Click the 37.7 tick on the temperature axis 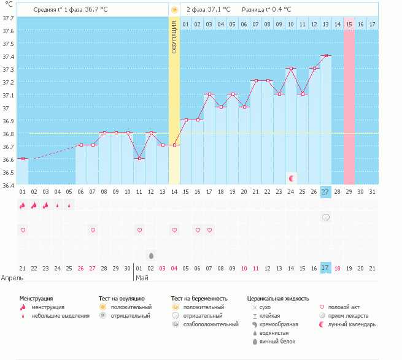click(x=9, y=18)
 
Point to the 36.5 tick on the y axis click(x=9, y=172)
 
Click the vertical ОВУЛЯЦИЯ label click(x=174, y=37)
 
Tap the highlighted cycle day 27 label click(x=326, y=192)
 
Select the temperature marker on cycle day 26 click(x=314, y=69)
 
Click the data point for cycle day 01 click(x=23, y=159)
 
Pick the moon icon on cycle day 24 click(x=291, y=178)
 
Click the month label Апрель click(x=12, y=277)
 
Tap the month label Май click(x=142, y=277)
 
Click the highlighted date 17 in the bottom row click(x=326, y=267)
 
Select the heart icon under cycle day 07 click(x=93, y=230)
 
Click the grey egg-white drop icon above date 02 click(x=151, y=255)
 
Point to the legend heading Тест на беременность click(x=199, y=298)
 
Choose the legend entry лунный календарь click(x=352, y=324)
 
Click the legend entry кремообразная click(x=279, y=324)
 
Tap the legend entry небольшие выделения click(x=60, y=316)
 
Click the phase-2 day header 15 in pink click(x=349, y=24)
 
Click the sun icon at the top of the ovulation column click(x=174, y=10)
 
